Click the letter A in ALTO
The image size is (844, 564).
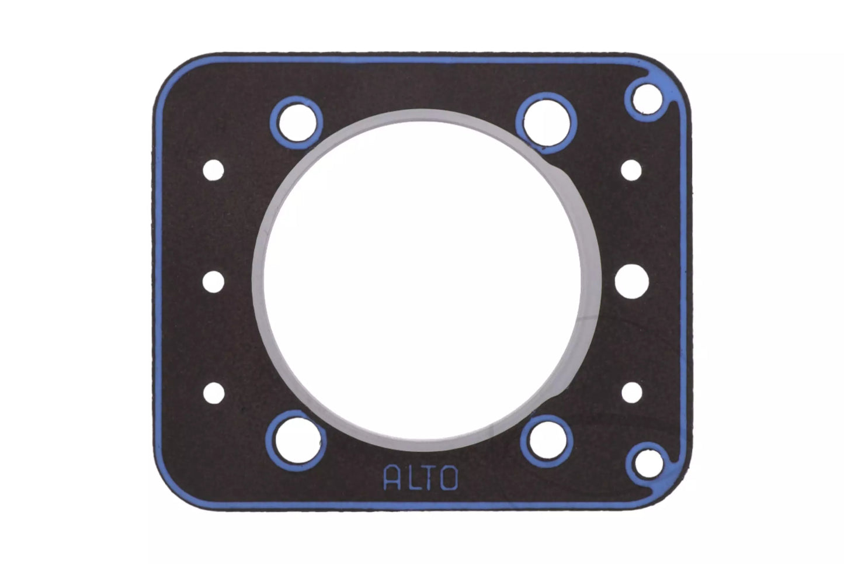391,478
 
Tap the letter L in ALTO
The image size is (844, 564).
409,478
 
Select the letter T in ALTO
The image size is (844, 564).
428,478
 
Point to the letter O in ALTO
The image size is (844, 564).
449,478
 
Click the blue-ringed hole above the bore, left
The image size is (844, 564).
297,123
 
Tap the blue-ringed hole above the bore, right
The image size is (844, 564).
546,123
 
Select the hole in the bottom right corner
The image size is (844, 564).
648,463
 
